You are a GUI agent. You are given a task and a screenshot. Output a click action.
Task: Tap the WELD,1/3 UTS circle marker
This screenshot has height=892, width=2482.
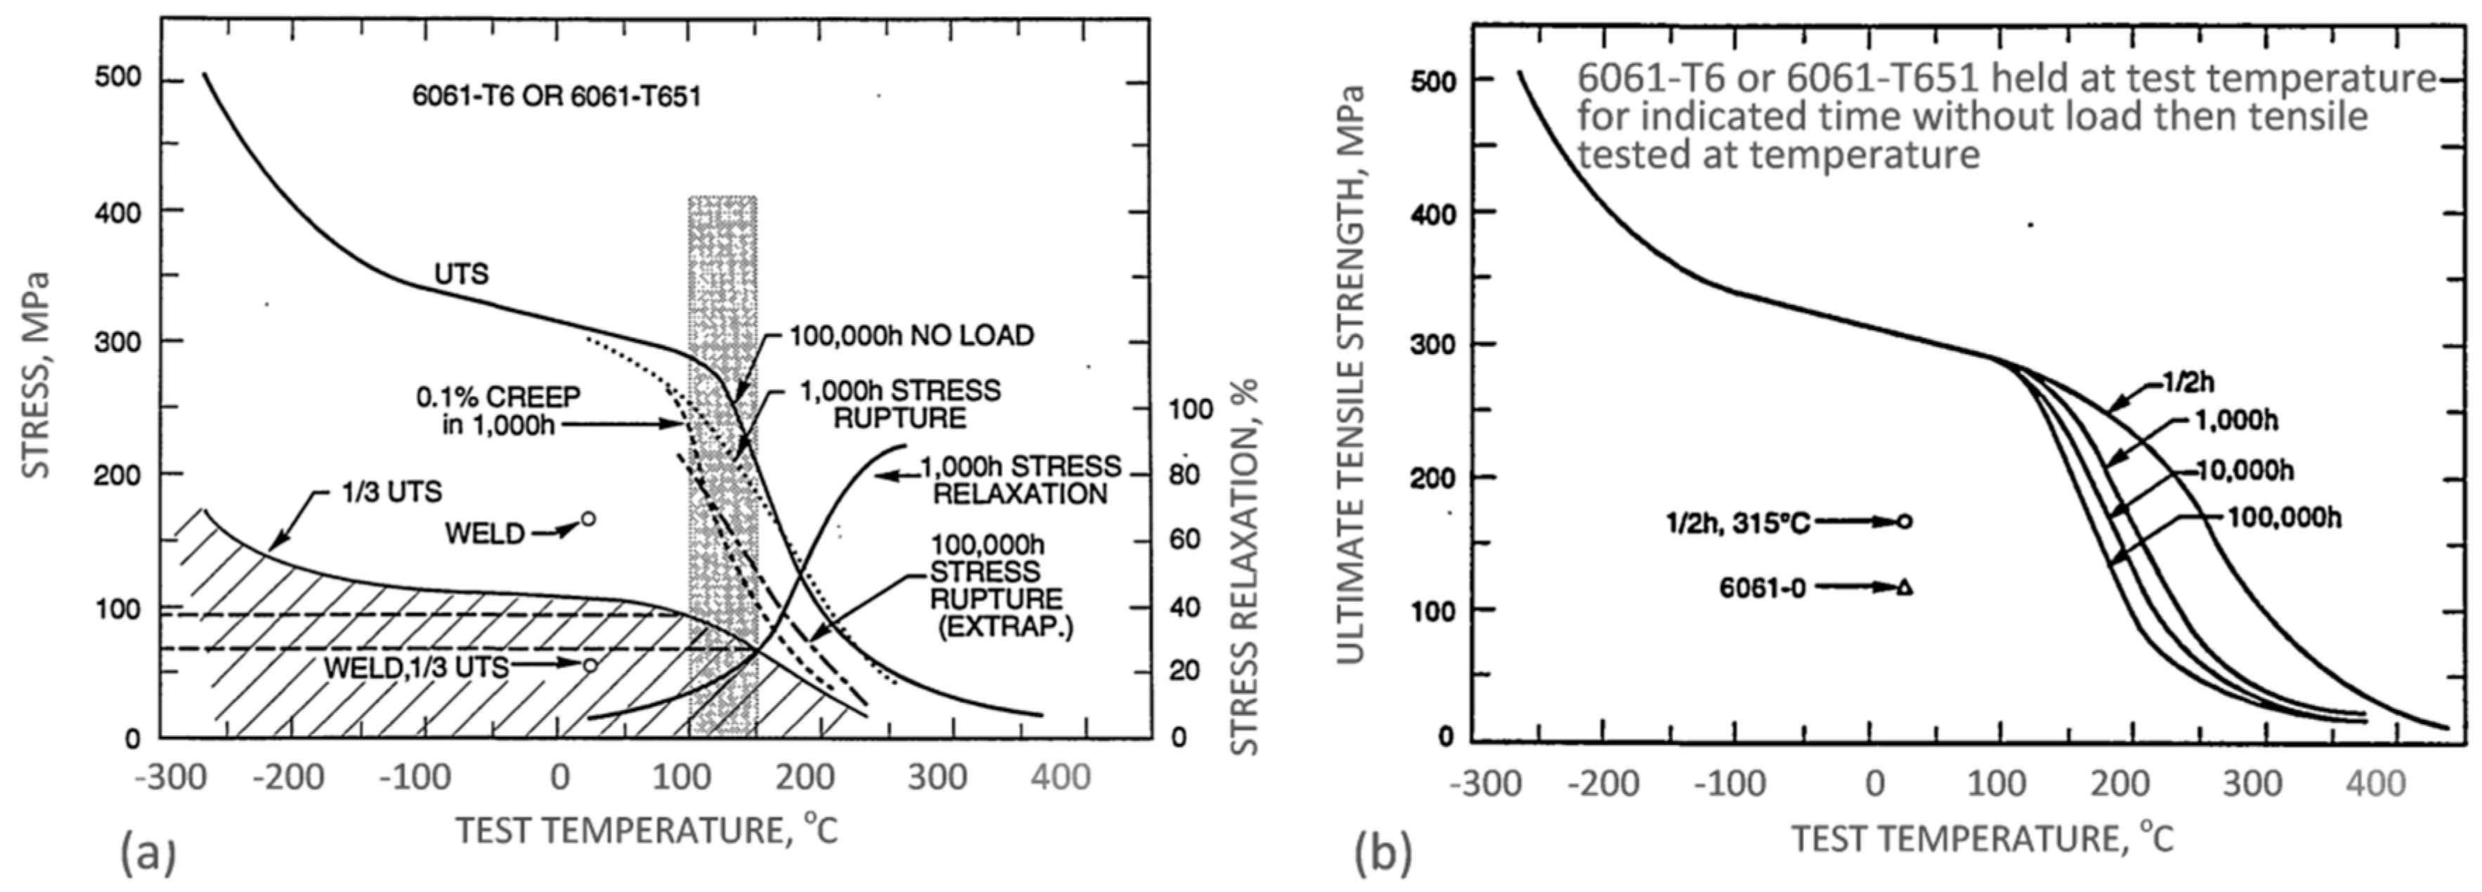tap(590, 664)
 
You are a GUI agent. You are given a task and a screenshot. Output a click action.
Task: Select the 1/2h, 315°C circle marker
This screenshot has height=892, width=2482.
tap(1904, 522)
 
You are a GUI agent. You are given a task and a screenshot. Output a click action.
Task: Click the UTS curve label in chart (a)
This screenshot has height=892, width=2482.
tap(462, 275)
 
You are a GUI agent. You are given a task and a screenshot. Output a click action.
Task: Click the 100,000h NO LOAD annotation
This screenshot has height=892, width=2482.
tap(911, 335)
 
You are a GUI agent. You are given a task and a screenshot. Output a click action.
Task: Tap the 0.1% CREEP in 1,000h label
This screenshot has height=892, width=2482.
tap(498, 410)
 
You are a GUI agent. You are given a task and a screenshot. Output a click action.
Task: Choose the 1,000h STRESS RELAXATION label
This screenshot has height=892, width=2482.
tap(1020, 480)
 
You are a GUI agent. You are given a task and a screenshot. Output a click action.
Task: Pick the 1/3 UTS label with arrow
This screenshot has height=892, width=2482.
tap(391, 492)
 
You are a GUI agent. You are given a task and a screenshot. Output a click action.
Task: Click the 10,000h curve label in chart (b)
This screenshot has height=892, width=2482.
tap(2245, 471)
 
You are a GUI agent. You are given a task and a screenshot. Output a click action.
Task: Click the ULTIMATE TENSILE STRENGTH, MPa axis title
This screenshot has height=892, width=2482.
tap(1352, 376)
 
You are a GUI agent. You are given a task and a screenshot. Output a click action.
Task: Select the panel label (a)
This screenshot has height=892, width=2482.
tap(146, 853)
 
